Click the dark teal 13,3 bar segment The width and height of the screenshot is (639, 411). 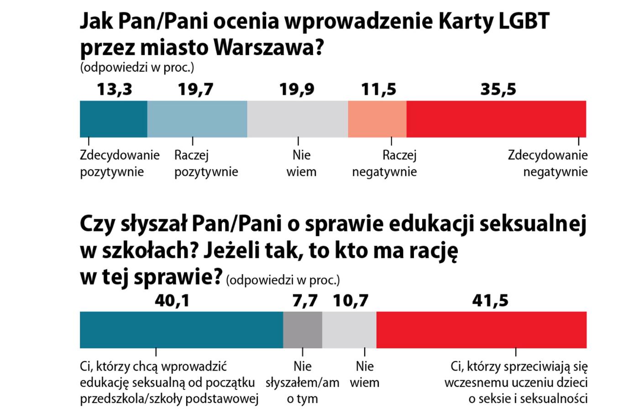click(x=113, y=119)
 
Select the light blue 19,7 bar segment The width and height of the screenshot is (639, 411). click(x=197, y=119)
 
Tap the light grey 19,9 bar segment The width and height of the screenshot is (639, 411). click(x=298, y=119)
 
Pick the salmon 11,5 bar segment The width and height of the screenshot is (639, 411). click(x=377, y=119)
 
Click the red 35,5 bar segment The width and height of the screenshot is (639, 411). click(x=496, y=119)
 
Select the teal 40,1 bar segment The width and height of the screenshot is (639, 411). click(x=181, y=330)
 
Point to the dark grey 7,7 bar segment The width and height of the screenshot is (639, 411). click(x=303, y=330)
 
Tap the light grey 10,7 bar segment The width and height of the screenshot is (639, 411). click(x=349, y=330)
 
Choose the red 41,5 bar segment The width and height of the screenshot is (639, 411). click(x=482, y=330)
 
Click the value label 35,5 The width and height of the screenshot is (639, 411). click(x=498, y=90)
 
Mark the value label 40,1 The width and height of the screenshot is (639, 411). click(x=172, y=300)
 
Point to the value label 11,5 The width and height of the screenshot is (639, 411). click(x=378, y=90)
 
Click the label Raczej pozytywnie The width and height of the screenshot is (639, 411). click(x=206, y=163)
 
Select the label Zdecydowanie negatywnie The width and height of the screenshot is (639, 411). click(x=548, y=163)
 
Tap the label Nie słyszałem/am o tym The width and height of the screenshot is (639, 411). click(x=303, y=382)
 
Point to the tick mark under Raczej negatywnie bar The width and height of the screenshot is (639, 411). click(x=391, y=142)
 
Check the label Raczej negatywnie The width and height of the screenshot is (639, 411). click(x=384, y=163)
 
